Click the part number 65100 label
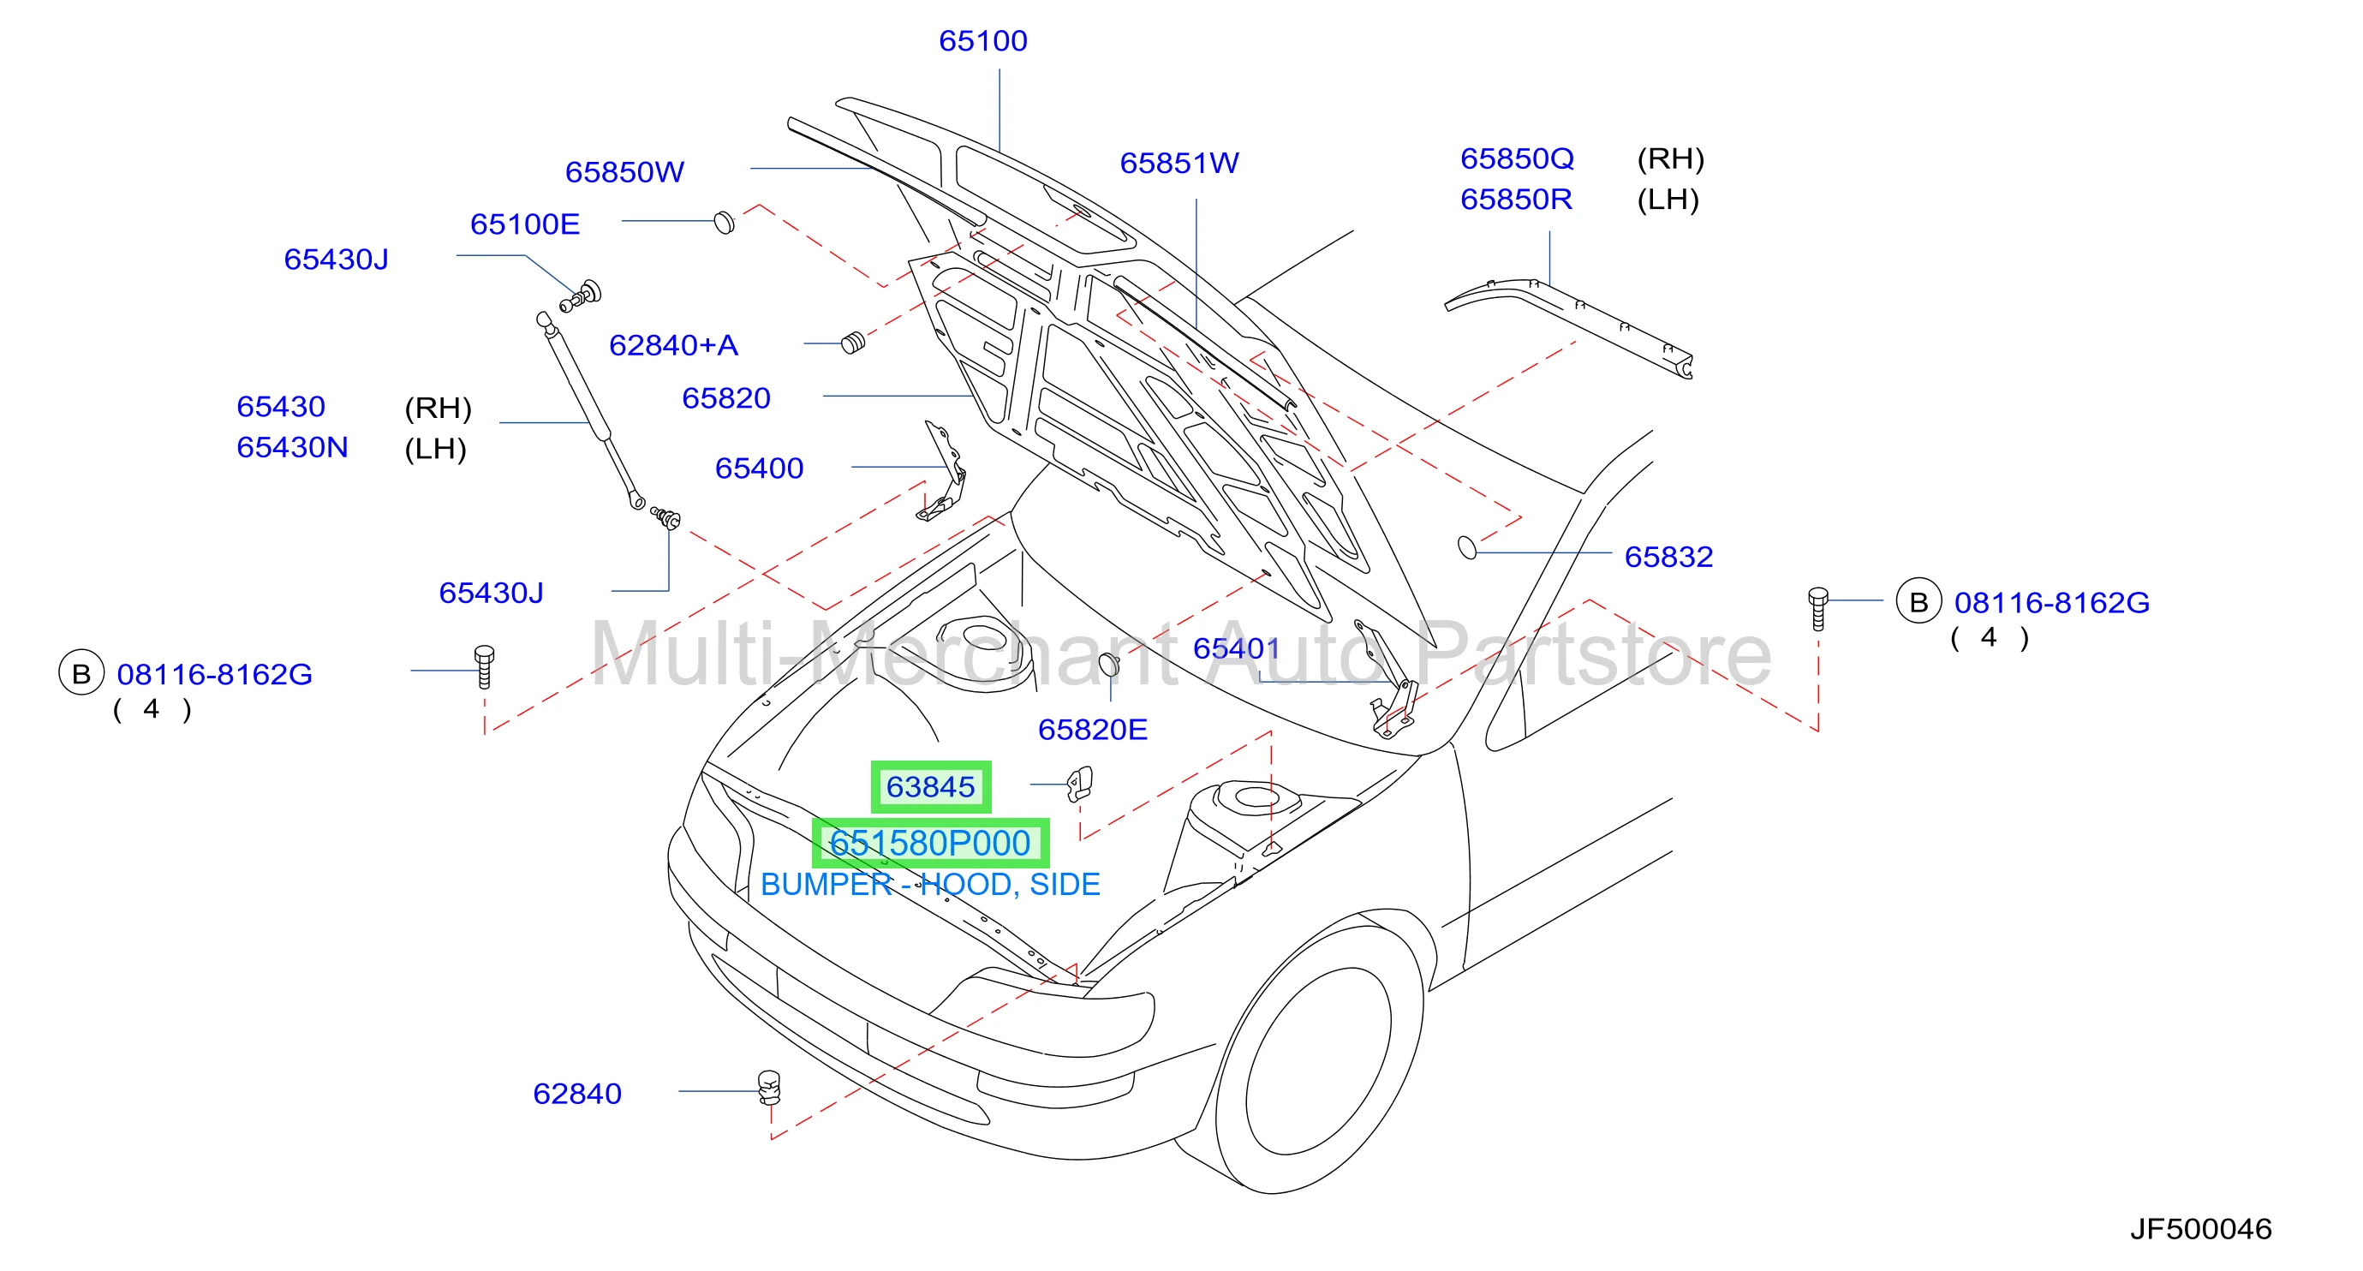click(982, 41)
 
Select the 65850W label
click(624, 172)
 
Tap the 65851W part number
click(1179, 164)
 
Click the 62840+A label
click(673, 346)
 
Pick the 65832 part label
click(1668, 557)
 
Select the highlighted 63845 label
click(930, 787)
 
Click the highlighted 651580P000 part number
click(930, 843)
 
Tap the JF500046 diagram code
click(2199, 1229)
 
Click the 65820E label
click(1092, 730)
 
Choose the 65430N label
click(292, 448)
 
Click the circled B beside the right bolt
click(1918, 601)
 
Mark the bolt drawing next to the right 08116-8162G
click(1817, 608)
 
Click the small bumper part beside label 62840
click(769, 1087)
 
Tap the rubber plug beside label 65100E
click(724, 223)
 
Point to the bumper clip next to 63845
click(1080, 783)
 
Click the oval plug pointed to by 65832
click(1467, 547)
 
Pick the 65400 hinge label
click(759, 468)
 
